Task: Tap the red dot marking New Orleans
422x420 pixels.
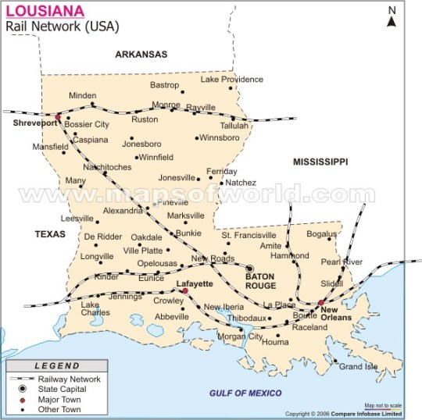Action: point(321,302)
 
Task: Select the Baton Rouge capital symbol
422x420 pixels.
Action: point(251,268)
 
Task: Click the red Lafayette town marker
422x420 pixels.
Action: point(185,291)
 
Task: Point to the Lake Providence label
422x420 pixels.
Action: point(232,79)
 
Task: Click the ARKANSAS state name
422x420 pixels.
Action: point(141,55)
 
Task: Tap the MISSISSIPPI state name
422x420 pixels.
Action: point(320,162)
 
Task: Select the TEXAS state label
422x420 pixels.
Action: point(50,233)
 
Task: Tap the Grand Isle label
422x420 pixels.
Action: point(358,366)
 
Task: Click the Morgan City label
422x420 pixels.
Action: point(240,336)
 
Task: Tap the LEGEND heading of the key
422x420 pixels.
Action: point(54,365)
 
